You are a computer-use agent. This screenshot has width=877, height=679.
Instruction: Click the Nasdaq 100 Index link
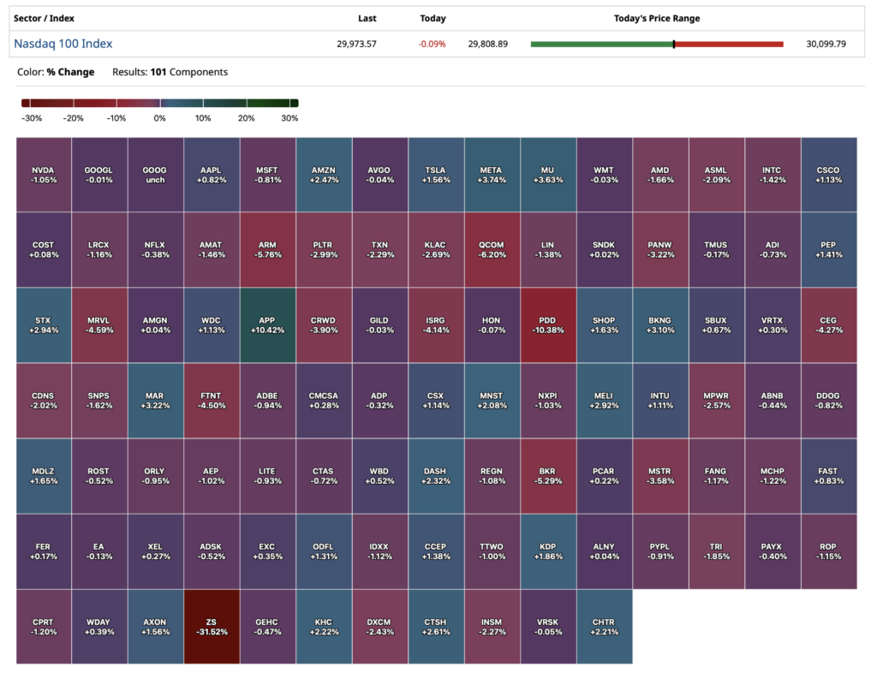point(63,44)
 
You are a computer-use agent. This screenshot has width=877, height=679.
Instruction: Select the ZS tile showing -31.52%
point(212,627)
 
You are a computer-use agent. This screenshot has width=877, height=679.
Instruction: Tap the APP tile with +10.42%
point(268,325)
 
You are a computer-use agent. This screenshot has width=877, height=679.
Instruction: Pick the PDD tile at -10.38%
point(548,325)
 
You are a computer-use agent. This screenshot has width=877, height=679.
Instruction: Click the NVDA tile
point(44,175)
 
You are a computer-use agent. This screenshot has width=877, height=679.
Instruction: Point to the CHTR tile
point(605,627)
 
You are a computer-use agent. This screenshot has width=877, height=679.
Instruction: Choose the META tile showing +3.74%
point(492,175)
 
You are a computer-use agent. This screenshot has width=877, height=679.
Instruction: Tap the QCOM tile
point(492,249)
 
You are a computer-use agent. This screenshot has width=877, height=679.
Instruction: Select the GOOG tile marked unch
point(156,175)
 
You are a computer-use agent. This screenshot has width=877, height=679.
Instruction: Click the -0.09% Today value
point(432,44)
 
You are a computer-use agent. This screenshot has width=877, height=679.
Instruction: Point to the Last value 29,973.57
point(356,44)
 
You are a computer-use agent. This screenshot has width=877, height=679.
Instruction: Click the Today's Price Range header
point(657,19)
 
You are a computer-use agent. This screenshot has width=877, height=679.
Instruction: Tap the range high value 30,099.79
point(826,44)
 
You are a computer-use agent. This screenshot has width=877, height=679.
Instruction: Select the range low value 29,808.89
point(487,44)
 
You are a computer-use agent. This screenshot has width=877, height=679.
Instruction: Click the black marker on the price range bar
point(674,45)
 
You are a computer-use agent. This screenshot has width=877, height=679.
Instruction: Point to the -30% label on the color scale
point(32,118)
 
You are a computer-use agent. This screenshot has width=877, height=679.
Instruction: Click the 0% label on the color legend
point(159,118)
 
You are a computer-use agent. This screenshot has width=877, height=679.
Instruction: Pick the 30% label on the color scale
point(289,118)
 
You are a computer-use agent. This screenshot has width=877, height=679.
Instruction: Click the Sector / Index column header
point(44,19)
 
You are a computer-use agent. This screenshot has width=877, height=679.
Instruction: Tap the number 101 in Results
point(158,72)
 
